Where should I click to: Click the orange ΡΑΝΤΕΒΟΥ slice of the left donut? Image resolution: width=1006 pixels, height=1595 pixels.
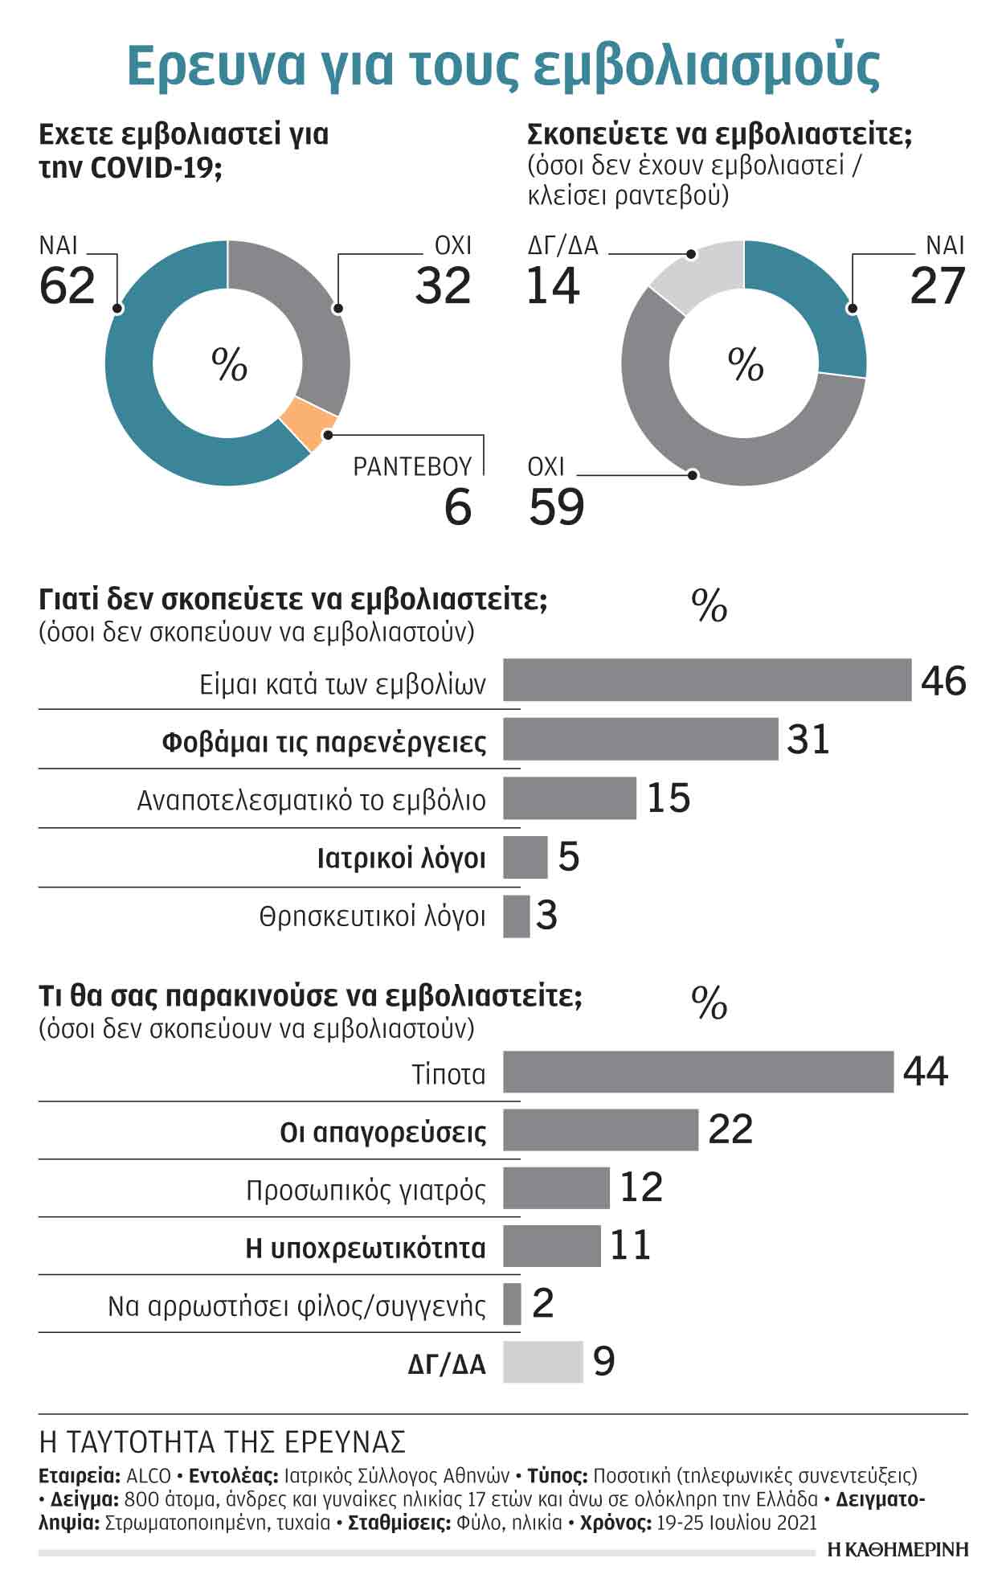(x=308, y=423)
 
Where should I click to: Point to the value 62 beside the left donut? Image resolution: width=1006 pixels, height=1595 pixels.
(x=67, y=285)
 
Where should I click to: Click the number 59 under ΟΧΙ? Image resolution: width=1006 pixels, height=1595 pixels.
(x=556, y=506)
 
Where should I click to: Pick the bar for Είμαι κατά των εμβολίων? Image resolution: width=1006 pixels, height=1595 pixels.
(x=707, y=680)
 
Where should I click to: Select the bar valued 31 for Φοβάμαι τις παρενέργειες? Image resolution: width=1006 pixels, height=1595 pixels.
(x=640, y=739)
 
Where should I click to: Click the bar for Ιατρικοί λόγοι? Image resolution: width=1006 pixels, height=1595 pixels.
(x=525, y=857)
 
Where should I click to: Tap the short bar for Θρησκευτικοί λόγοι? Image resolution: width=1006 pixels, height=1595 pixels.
(x=516, y=916)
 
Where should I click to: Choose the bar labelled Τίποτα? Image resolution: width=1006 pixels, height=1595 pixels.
(x=697, y=1072)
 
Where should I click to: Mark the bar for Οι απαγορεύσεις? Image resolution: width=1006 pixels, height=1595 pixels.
(x=600, y=1130)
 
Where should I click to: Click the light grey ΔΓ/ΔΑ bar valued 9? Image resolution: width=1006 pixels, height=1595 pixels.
(x=542, y=1362)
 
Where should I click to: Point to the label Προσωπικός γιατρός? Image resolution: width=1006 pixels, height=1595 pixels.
(x=366, y=1190)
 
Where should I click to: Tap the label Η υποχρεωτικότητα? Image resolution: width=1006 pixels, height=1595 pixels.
(x=366, y=1249)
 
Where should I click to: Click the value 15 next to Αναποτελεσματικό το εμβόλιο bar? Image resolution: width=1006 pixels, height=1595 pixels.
(x=669, y=798)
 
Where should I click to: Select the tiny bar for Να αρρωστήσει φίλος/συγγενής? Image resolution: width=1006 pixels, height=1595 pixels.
(x=512, y=1304)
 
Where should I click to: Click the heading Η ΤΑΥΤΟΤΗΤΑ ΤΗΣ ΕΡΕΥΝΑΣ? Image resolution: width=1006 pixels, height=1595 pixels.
(x=222, y=1442)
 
